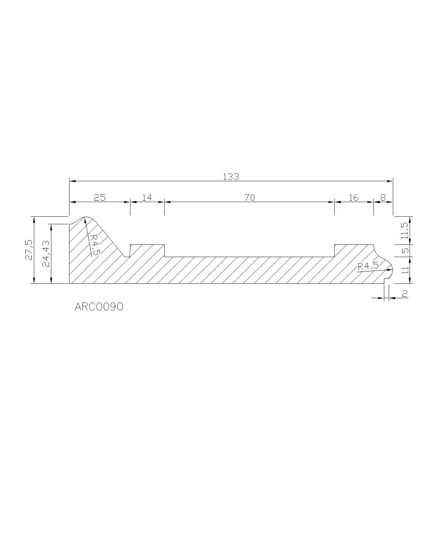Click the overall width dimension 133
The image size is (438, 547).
pyautogui.click(x=231, y=177)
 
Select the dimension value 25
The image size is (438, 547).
pyautogui.click(x=100, y=198)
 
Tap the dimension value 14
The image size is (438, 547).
pyautogui.click(x=147, y=198)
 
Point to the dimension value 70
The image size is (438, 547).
pyautogui.click(x=249, y=198)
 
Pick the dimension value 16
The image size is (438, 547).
pyautogui.click(x=353, y=198)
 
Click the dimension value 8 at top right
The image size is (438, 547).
pyautogui.click(x=383, y=198)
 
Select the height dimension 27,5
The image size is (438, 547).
pyautogui.click(x=29, y=250)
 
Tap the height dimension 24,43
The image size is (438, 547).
pyautogui.click(x=46, y=254)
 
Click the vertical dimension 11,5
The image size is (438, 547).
pyautogui.click(x=404, y=230)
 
